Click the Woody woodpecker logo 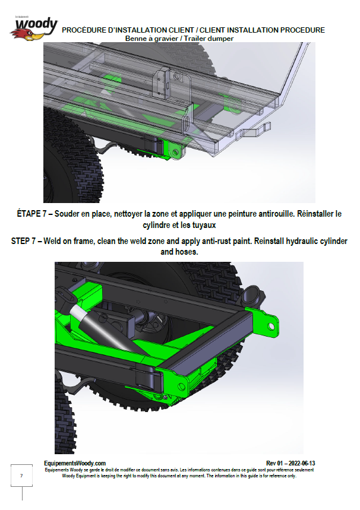(34, 28)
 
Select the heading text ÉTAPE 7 (31, 214)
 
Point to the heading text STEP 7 (23, 241)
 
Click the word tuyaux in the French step (204, 225)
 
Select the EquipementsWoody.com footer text (75, 463)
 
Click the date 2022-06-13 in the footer (302, 463)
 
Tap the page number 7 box (21, 476)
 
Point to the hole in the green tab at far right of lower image (271, 326)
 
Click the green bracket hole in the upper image (176, 152)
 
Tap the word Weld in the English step (52, 241)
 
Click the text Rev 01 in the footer (274, 463)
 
